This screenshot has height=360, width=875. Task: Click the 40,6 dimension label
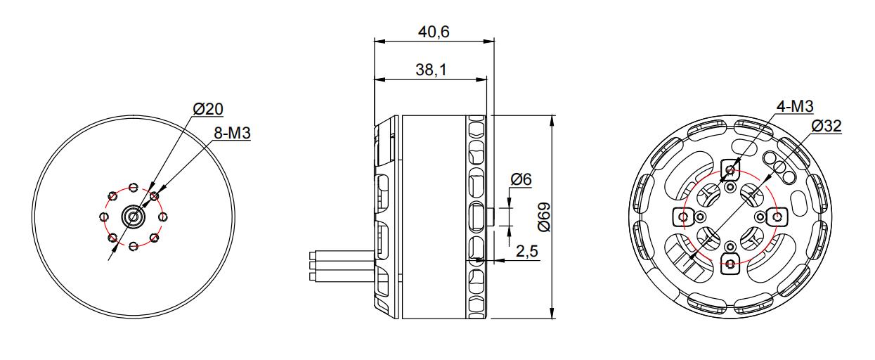coord(434,32)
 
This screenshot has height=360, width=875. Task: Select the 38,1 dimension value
coord(431,70)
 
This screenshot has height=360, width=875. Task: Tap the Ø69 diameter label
coord(543,217)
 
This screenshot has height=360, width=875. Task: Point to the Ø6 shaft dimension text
coord(521,179)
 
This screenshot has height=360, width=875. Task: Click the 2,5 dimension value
coord(527,251)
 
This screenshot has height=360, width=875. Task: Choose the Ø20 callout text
coord(208,109)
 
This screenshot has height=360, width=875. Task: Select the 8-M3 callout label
coord(232,133)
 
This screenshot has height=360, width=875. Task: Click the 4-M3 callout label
coord(795,106)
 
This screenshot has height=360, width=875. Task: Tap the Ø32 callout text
coord(827,126)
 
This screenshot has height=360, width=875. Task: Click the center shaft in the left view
coord(134,217)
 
